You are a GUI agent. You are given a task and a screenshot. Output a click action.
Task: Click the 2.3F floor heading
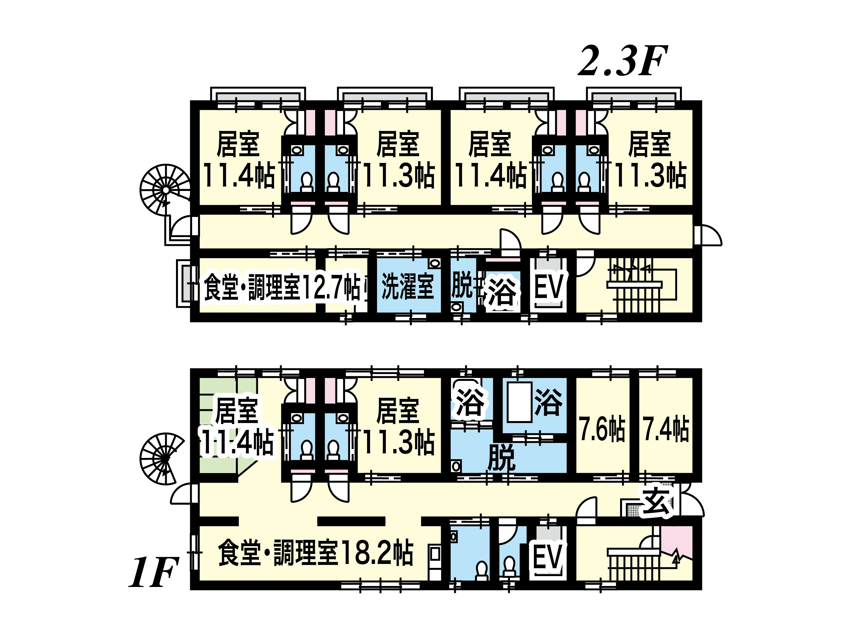(x=622, y=62)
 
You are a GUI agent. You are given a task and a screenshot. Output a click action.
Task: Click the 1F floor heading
(x=153, y=573)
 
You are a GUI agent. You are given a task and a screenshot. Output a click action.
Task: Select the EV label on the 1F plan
(x=548, y=558)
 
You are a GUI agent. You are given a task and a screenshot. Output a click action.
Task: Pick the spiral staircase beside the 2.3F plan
(x=165, y=190)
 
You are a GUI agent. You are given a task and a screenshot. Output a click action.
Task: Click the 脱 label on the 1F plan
(x=501, y=457)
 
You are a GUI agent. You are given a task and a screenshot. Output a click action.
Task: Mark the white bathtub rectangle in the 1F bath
(x=519, y=402)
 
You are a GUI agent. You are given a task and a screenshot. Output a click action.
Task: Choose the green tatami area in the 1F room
(x=217, y=462)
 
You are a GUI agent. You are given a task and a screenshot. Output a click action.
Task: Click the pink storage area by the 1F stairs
(x=677, y=540)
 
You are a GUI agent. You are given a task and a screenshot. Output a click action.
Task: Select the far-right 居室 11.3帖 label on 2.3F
(x=650, y=160)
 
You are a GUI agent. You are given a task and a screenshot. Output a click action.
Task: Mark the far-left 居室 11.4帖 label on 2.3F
(x=238, y=160)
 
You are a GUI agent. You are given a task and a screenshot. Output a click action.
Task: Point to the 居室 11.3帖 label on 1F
(x=398, y=427)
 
